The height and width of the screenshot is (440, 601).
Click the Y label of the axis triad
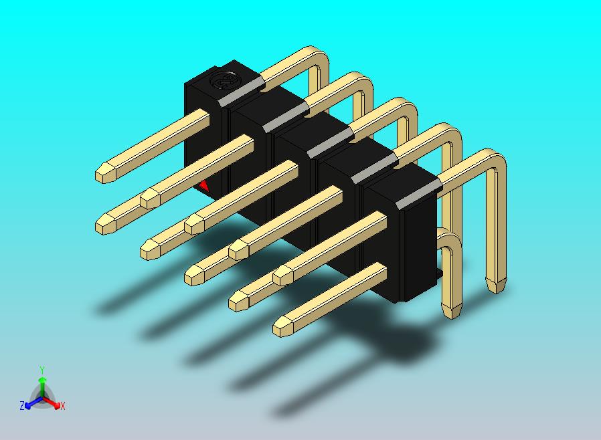(42, 370)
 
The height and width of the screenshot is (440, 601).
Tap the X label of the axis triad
(62, 406)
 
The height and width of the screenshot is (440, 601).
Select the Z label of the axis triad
(22, 405)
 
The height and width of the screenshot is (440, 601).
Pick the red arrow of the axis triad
(52, 402)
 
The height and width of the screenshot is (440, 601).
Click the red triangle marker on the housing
(204, 186)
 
